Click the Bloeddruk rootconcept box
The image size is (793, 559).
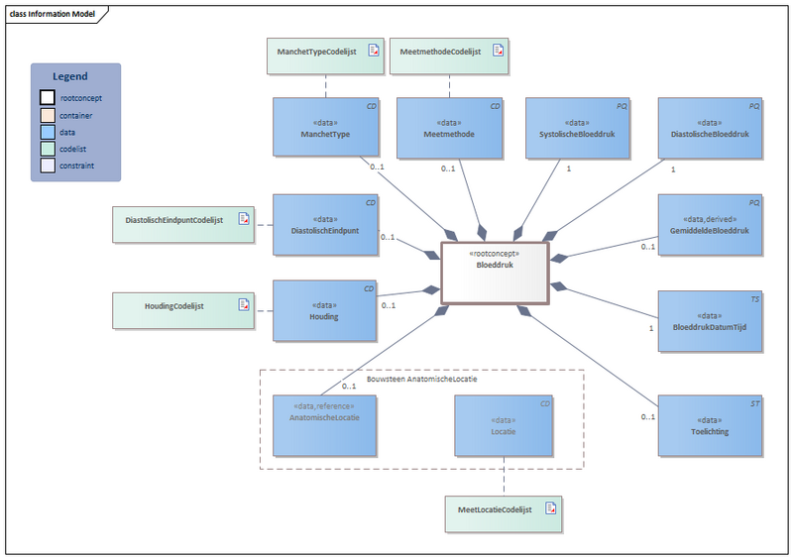click(495, 272)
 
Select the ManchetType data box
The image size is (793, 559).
click(326, 127)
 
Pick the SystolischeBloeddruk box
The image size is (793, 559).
click(578, 127)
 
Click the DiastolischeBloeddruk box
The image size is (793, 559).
click(711, 127)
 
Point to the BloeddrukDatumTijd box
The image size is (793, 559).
click(711, 321)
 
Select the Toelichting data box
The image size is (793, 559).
click(711, 426)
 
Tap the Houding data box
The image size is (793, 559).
click(326, 310)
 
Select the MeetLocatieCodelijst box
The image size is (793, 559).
click(503, 509)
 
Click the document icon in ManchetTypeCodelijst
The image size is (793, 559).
click(374, 50)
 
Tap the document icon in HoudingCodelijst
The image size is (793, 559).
click(244, 305)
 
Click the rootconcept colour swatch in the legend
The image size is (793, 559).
click(48, 97)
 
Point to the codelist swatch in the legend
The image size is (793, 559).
click(48, 148)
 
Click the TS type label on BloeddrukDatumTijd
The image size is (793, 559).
click(754, 298)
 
